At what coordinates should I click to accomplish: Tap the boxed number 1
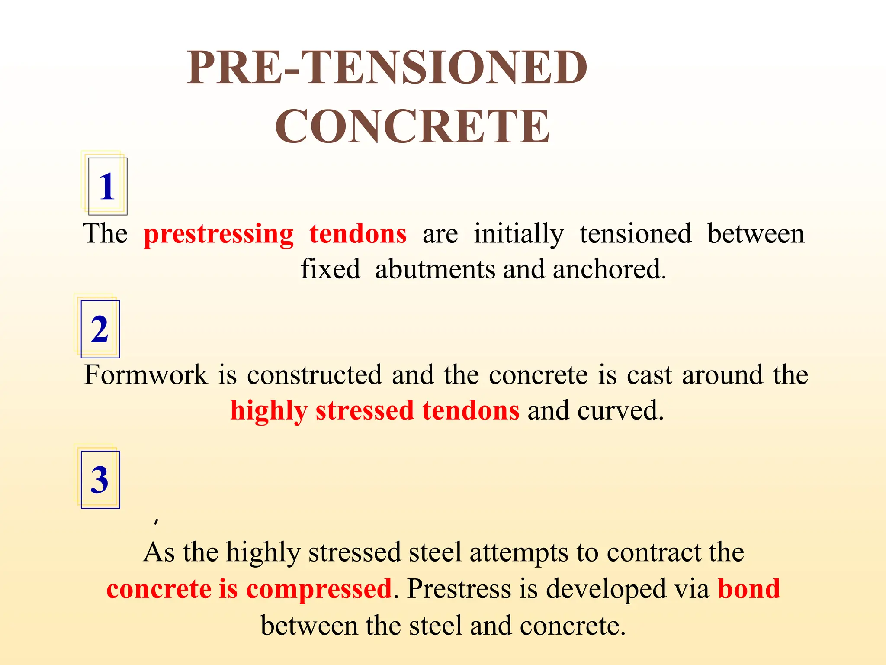(107, 186)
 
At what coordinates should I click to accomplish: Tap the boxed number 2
(100, 329)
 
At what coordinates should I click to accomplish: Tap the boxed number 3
(100, 479)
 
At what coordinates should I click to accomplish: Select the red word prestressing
(218, 235)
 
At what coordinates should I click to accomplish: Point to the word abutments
(435, 269)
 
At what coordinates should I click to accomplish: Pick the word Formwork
(146, 375)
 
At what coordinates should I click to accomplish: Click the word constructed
(315, 375)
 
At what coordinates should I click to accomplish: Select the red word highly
(268, 411)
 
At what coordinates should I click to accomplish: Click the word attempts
(519, 553)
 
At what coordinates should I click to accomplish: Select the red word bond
(749, 589)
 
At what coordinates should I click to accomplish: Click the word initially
(518, 235)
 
